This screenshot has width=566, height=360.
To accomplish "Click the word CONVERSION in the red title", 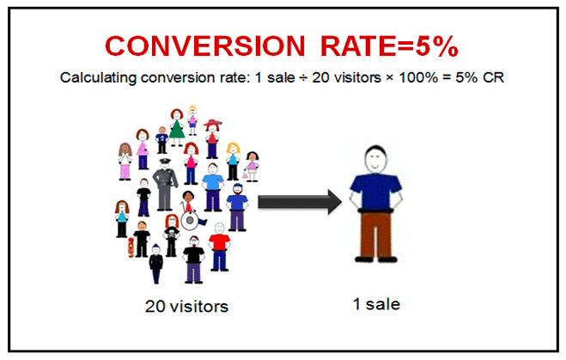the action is [205, 46].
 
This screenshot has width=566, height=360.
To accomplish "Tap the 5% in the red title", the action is [437, 46].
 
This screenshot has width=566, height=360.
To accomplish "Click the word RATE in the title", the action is [358, 46].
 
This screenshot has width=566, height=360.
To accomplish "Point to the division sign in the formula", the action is [303, 77].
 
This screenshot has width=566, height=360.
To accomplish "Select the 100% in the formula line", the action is [418, 77].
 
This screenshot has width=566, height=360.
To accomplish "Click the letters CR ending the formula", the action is [493, 77].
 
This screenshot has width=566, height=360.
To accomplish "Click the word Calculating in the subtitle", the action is [98, 77].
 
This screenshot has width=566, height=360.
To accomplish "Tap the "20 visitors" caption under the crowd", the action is [186, 306].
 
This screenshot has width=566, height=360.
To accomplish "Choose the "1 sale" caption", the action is [376, 304].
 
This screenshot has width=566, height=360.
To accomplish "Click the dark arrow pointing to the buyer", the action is [300, 202].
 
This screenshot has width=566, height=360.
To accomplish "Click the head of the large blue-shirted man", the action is [375, 159].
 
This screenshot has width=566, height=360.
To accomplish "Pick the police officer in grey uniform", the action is [165, 184].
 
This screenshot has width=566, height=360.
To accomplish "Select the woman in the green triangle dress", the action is [177, 127].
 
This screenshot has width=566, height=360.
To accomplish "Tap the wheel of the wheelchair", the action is [190, 220].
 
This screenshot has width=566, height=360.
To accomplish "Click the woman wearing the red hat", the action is [212, 138].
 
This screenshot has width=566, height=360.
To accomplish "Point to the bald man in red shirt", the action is [219, 247].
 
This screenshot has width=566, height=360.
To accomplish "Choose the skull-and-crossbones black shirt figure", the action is [172, 235].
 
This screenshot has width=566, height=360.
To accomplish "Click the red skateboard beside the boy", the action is [131, 247].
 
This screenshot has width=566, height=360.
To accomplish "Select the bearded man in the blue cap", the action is [237, 207].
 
